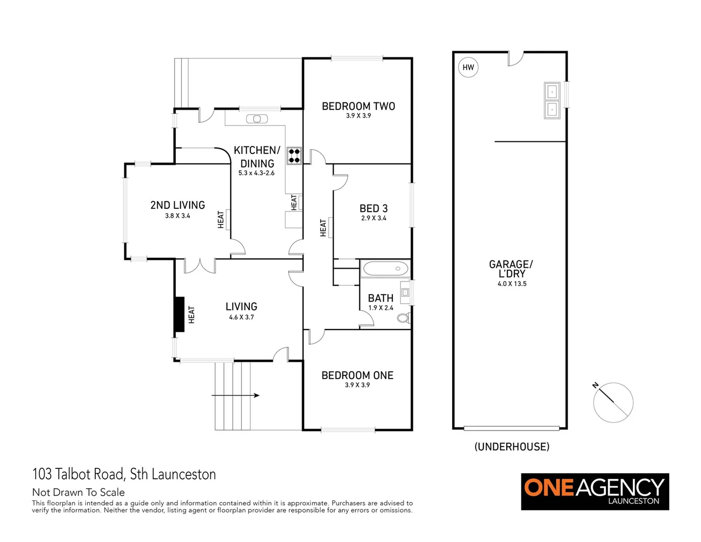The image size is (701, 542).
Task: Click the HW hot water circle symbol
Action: coord(468,67)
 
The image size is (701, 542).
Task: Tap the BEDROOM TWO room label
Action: coord(358,106)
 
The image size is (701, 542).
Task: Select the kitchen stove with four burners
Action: coord(294,156)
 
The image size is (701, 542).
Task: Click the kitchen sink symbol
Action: coord(257,119)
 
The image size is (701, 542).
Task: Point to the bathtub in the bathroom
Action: coord(385,268)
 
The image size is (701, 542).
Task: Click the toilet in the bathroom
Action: coord(403,318)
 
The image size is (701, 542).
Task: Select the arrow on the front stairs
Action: coord(236,395)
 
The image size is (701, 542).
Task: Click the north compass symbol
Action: coord(613,402)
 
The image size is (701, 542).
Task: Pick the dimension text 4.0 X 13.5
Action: coord(512,284)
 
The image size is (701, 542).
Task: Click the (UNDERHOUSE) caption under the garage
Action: coord(512,447)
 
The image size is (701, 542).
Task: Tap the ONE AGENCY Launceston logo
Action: coord(595,491)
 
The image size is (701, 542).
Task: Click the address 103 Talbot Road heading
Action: coord(124,474)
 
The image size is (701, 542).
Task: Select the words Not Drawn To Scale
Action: coord(78,492)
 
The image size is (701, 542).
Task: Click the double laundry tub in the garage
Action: coord(552,100)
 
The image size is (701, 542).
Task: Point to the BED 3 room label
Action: coord(373,208)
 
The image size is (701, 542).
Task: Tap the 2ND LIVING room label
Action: coord(178,205)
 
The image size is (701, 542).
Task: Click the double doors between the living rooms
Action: coord(200,265)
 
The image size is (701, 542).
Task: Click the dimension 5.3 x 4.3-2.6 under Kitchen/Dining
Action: coord(256,173)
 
